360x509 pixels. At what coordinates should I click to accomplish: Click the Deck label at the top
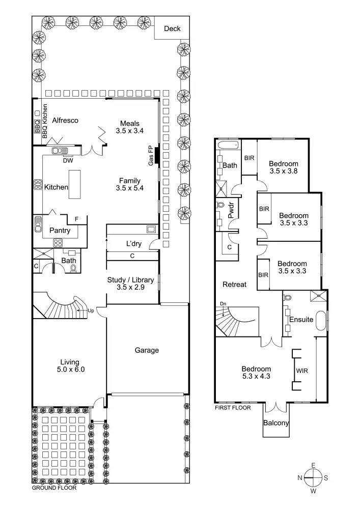point(172,29)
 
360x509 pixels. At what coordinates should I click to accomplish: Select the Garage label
point(147,350)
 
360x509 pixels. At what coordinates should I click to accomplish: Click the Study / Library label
point(131,280)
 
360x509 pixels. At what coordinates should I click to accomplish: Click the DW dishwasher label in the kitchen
point(68,161)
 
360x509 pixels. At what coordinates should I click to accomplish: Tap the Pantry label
point(60,231)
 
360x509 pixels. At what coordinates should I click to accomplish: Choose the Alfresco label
point(65,121)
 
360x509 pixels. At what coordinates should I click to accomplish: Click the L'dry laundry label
point(134,244)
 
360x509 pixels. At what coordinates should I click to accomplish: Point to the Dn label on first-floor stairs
point(223,304)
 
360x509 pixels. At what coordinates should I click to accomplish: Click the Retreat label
point(234,285)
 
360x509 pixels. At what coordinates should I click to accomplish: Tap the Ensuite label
point(301,320)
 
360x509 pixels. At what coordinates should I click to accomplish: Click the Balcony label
point(276,423)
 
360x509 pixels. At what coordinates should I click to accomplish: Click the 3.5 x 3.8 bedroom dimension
point(283,172)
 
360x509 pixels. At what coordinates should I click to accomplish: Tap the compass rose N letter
point(300,477)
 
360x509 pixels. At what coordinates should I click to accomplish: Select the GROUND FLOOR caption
point(54,488)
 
